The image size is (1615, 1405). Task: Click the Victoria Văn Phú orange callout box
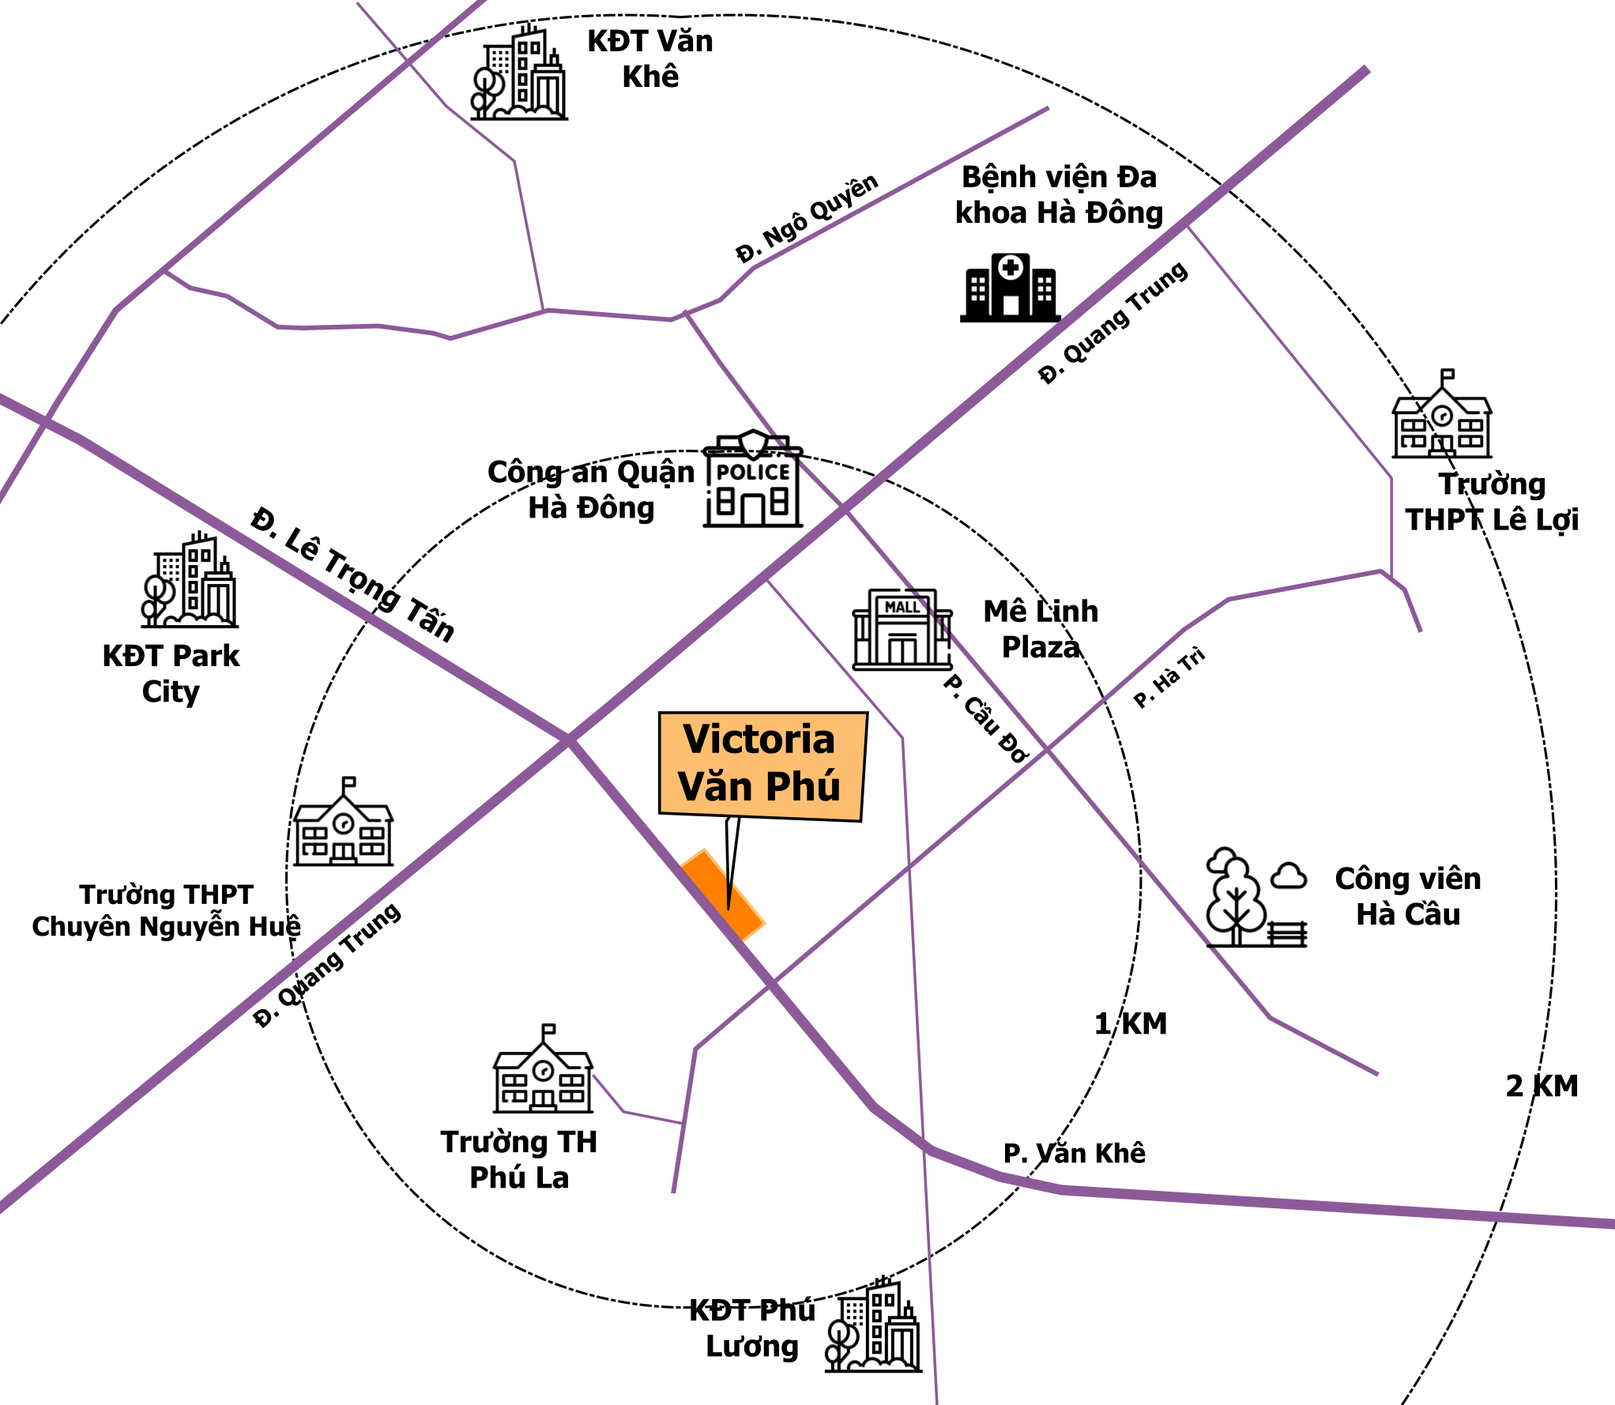click(x=762, y=766)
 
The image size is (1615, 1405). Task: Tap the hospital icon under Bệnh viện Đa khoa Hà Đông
click(x=1010, y=288)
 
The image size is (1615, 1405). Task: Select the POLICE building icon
click(x=753, y=479)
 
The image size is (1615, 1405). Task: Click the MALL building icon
click(x=902, y=629)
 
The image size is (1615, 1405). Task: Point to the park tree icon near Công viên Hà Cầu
click(x=1256, y=897)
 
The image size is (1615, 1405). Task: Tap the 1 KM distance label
click(x=1131, y=1023)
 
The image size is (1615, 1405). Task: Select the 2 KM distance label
click(x=1542, y=1086)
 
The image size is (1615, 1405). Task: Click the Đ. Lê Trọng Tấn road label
click(x=353, y=574)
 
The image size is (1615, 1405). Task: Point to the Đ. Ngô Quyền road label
click(x=807, y=217)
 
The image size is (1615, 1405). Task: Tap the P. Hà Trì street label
click(x=1169, y=677)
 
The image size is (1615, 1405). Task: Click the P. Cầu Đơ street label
click(x=985, y=718)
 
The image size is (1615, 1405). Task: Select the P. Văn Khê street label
click(x=1074, y=1153)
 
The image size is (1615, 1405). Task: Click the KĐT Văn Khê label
click(x=649, y=58)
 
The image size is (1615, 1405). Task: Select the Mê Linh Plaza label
click(x=1041, y=629)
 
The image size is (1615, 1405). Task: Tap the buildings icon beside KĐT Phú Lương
click(x=873, y=1326)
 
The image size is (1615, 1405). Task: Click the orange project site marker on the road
click(x=723, y=895)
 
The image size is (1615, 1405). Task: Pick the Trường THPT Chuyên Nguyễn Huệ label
click(x=166, y=910)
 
